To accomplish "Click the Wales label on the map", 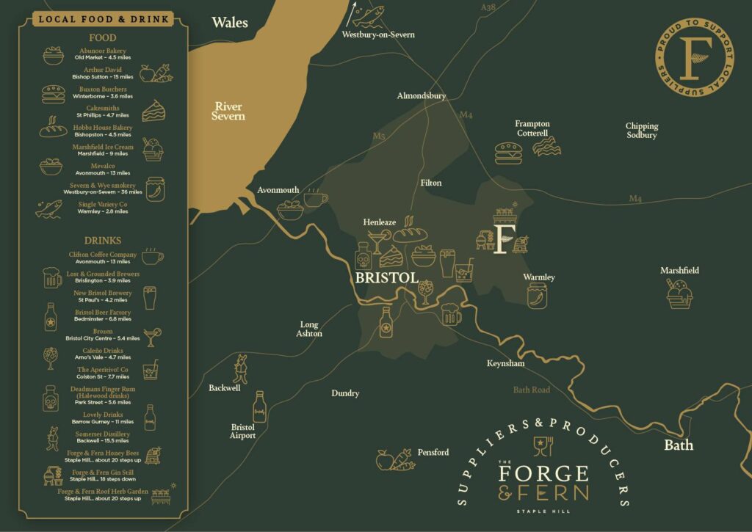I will (230, 23).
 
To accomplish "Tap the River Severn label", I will (229, 111).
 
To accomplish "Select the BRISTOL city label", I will (386, 279).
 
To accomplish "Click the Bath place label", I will (678, 445).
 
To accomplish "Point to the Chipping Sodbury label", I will (641, 131).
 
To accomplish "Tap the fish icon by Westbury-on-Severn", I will (367, 13).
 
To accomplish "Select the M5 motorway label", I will (379, 136).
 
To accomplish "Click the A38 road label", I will (488, 7).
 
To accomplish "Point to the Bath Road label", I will (531, 390).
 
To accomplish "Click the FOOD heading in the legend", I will (103, 37).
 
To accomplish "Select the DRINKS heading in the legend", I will (103, 241).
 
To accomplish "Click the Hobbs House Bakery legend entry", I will (103, 131).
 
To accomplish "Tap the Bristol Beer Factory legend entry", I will (103, 316).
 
